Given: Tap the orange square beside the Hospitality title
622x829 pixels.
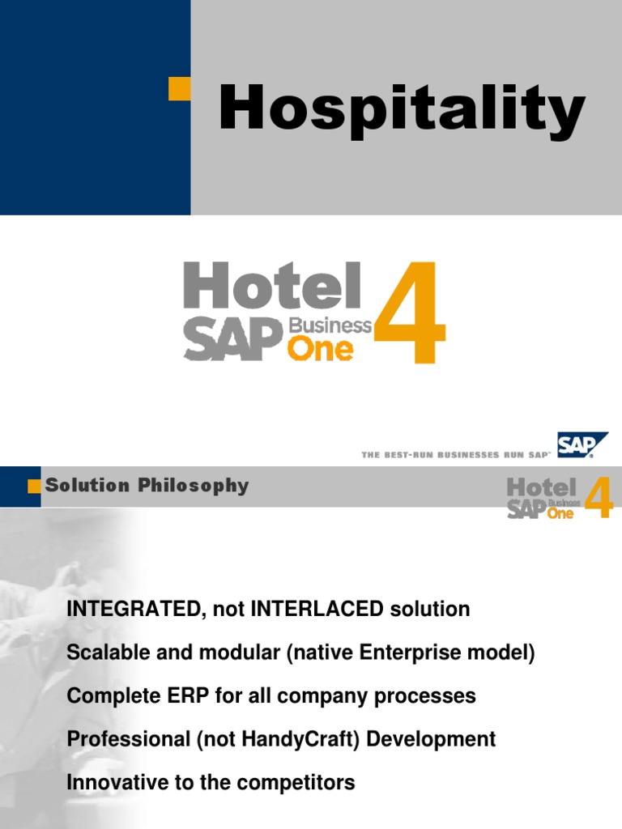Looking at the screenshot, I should [x=179, y=89].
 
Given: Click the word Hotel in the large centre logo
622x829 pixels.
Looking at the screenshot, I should [x=271, y=287].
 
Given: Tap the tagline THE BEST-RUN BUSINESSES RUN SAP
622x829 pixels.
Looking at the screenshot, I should [x=455, y=455].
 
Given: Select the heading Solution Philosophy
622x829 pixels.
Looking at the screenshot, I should [x=147, y=486].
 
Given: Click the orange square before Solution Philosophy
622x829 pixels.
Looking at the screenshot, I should [x=34, y=486].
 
